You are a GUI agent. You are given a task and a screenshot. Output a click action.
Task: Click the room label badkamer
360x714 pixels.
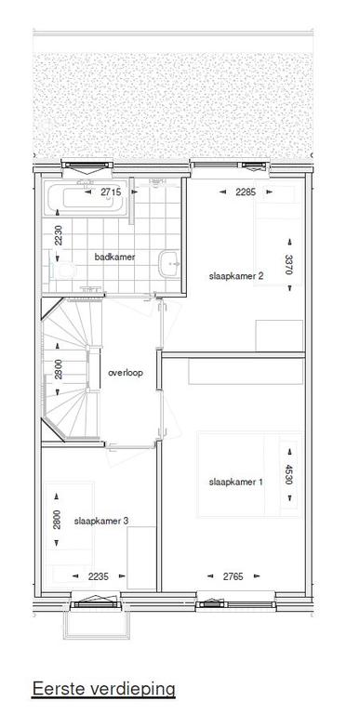coord(114,257)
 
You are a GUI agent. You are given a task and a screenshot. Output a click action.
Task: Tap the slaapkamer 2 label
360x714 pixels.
coord(236,276)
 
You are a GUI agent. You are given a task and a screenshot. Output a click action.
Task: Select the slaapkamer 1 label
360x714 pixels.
coord(236,482)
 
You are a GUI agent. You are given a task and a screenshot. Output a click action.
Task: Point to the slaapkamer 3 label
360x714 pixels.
coord(100,521)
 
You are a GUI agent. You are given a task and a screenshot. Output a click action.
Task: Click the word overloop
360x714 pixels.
coord(126,373)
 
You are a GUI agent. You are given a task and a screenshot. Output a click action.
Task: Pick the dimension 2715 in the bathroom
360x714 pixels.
coord(111,192)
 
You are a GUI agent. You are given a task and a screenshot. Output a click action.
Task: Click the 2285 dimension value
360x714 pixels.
coord(247,192)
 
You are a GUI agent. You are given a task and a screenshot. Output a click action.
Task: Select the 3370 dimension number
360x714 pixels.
coord(288,265)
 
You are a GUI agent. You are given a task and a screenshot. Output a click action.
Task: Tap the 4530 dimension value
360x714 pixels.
coord(288,474)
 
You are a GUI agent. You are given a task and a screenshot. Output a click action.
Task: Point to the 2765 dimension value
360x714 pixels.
coord(233,576)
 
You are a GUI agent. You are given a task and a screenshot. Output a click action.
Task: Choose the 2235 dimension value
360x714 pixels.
coord(98,576)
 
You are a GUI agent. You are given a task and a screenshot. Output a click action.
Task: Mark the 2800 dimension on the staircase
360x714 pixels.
coord(59,368)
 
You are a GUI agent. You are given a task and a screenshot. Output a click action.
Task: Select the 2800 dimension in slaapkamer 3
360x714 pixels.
coord(57,519)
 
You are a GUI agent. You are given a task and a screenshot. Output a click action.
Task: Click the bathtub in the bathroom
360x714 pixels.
coord(86,198)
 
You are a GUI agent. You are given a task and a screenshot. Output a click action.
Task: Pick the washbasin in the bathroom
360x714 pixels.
coord(170,263)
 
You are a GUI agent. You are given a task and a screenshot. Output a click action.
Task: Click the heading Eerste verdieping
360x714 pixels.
coord(103,688)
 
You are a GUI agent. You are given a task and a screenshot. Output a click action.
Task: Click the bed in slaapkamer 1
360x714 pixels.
coord(250,474)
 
